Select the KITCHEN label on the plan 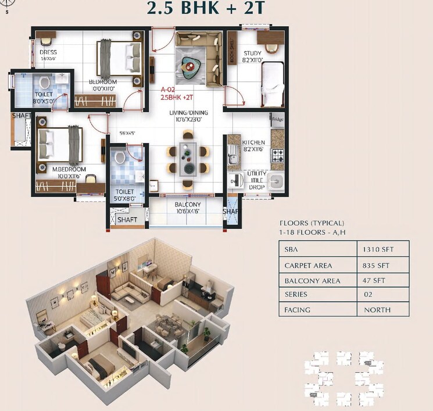253,142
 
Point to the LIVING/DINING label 188,113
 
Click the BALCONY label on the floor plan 188,205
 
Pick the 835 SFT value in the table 378,265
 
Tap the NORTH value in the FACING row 377,310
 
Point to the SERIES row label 297,295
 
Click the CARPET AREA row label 308,265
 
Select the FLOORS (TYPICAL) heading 312,223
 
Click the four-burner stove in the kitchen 277,155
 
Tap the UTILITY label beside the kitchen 257,174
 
